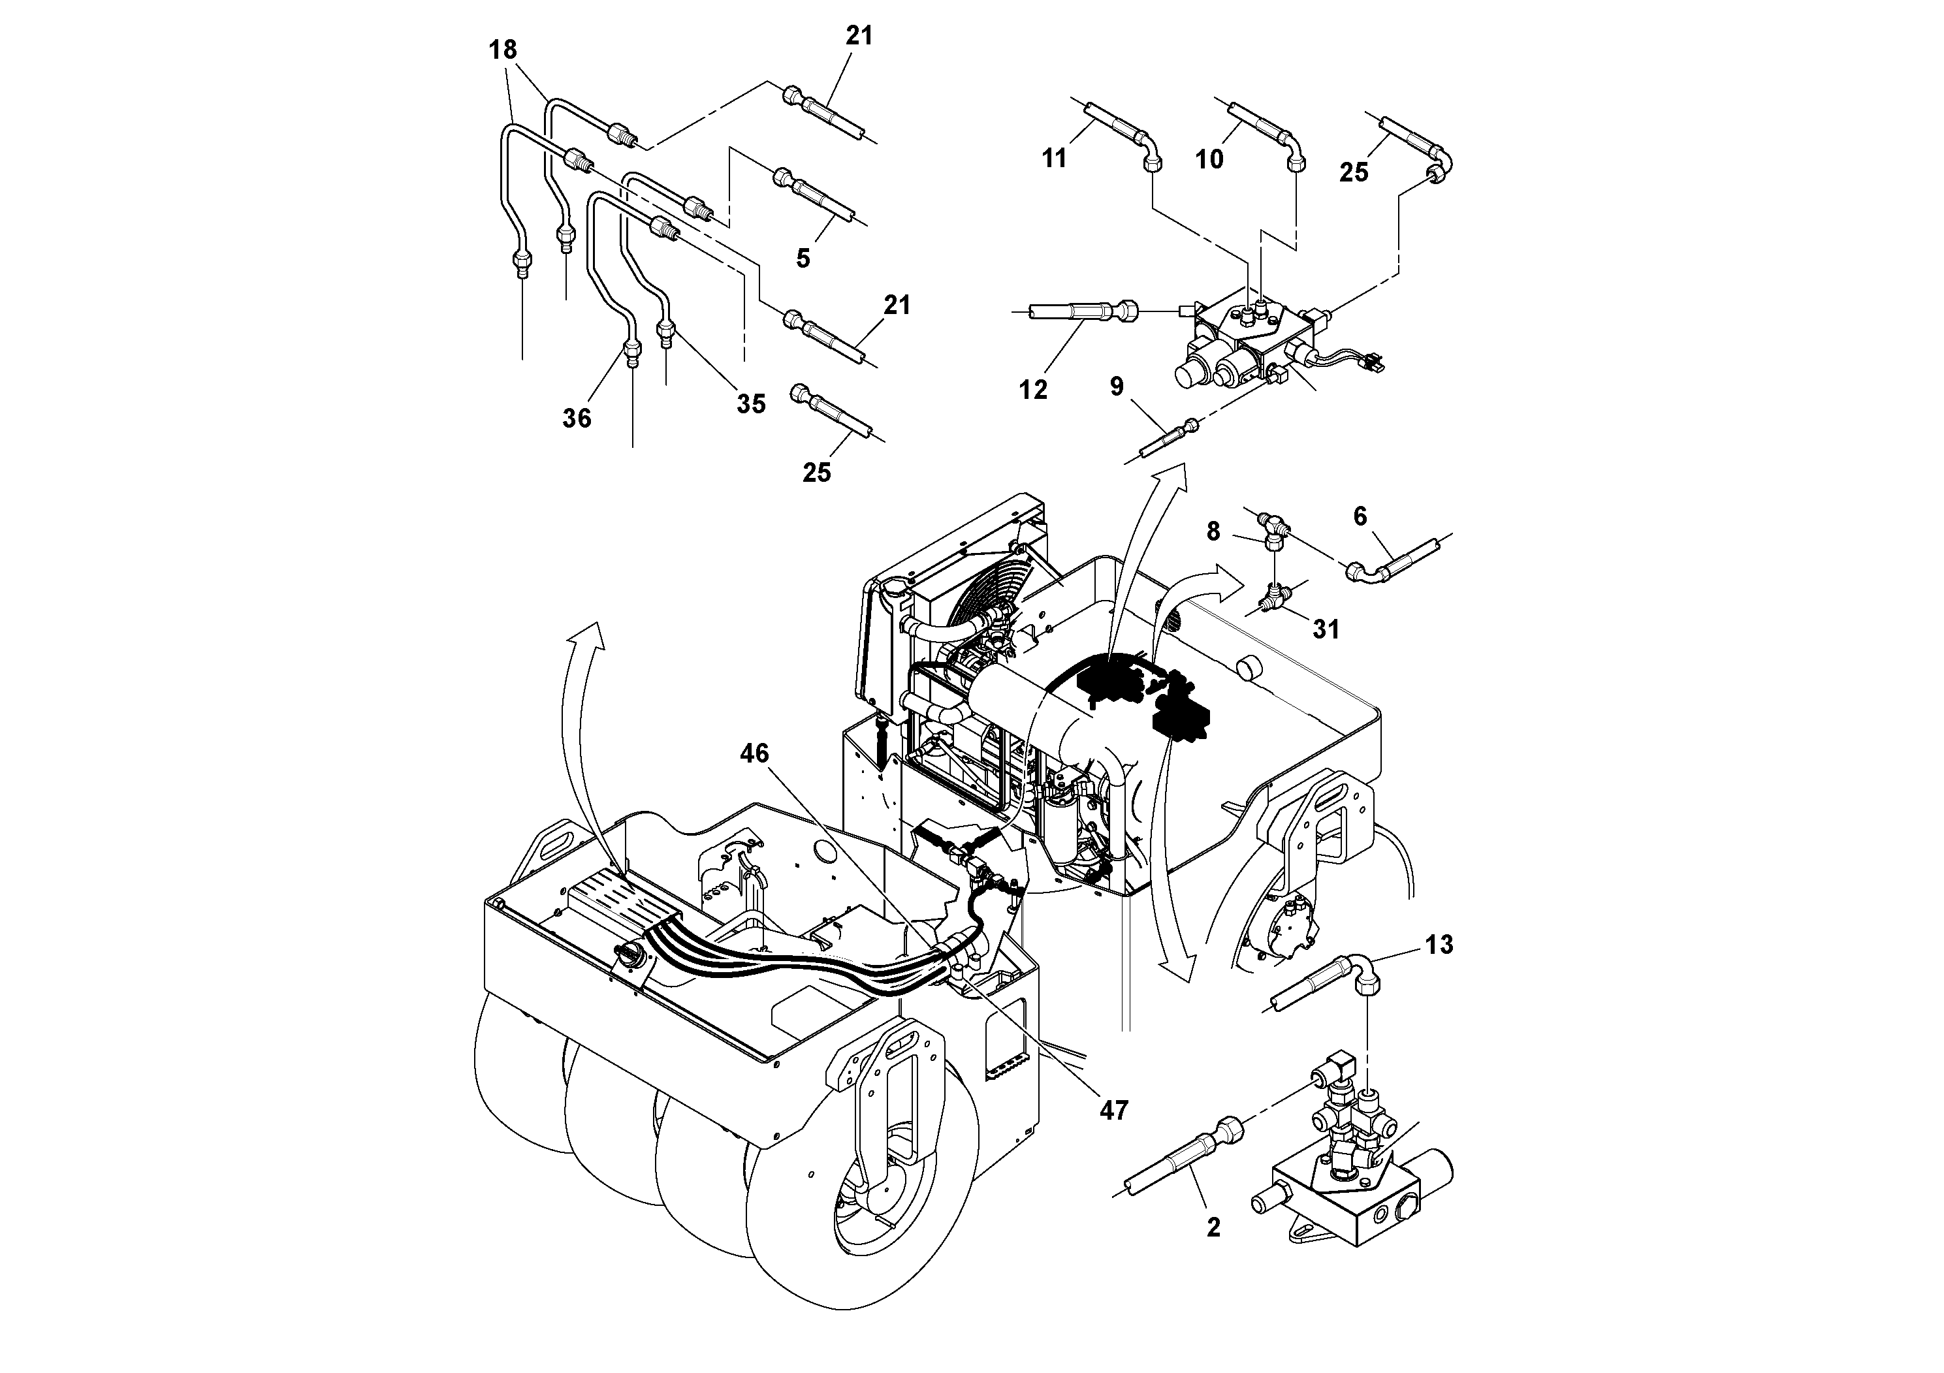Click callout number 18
coord(503,50)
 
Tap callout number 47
coord(1114,1110)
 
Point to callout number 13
coord(1439,944)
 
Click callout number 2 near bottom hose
coord(1213,1227)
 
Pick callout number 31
coord(1326,629)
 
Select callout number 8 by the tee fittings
coord(1213,531)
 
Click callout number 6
coord(1360,516)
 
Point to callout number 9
coord(1117,387)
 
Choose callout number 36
coord(577,418)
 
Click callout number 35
coord(750,403)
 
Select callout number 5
coord(803,258)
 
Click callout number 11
coord(1054,158)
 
